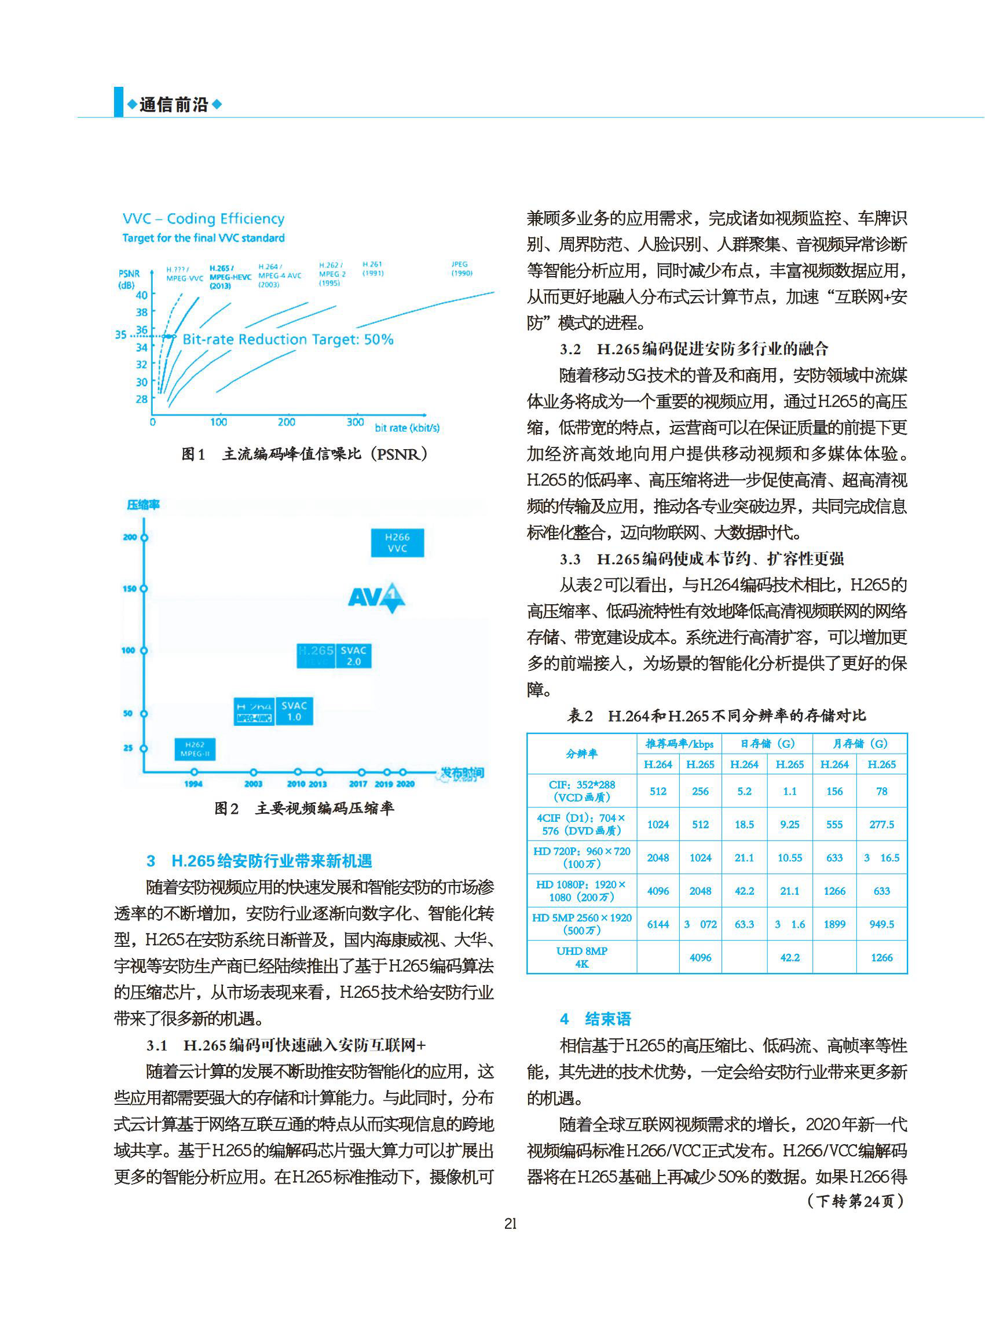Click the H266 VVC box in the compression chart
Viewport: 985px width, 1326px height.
[x=397, y=542]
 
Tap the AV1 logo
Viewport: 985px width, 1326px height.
[x=376, y=597]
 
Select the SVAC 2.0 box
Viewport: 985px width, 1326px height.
[x=354, y=656]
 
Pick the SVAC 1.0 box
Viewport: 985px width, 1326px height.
[x=294, y=711]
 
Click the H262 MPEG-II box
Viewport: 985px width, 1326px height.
[x=195, y=749]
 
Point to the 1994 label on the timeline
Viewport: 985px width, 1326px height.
[x=193, y=784]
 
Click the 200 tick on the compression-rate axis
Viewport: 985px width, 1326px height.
[x=130, y=537]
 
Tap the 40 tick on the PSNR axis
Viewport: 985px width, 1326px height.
[x=141, y=295]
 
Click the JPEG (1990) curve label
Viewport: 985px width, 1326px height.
[x=461, y=268]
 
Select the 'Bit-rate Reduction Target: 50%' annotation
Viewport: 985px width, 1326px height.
[x=287, y=339]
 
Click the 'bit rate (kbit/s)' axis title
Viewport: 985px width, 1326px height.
[x=407, y=427]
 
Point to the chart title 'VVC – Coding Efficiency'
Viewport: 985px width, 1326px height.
[x=203, y=219]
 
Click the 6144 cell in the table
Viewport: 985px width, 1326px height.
[x=658, y=924]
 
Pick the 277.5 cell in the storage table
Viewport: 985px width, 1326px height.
[x=881, y=824]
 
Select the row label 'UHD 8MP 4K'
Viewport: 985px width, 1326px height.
[x=581, y=957]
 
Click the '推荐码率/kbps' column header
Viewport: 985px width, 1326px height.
[x=679, y=743]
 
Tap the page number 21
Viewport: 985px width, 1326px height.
[x=510, y=1224]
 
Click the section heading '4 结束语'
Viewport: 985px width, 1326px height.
[x=596, y=1019]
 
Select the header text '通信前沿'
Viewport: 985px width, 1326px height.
[x=174, y=105]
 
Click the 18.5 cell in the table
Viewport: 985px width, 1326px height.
[x=744, y=824]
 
